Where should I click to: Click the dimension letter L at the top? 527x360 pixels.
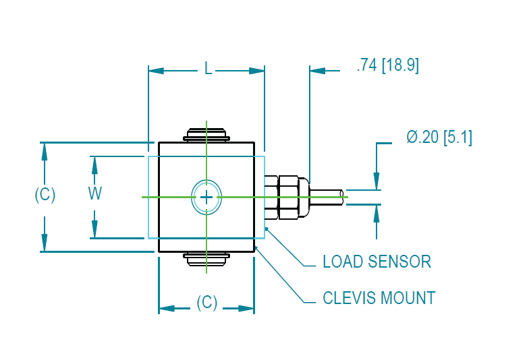click(x=207, y=70)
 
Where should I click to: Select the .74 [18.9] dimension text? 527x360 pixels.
click(x=387, y=66)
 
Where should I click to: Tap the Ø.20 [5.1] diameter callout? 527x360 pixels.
click(x=439, y=138)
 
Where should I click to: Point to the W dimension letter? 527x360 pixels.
click(x=95, y=193)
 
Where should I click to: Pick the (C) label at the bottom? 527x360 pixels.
click(x=206, y=303)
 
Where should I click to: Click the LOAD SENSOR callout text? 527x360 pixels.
click(x=377, y=262)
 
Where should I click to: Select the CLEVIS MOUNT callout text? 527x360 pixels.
click(x=379, y=297)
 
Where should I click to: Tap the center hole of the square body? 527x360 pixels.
click(x=206, y=197)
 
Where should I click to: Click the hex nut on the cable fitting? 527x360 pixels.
click(x=281, y=197)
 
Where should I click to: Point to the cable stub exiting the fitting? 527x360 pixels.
click(x=327, y=196)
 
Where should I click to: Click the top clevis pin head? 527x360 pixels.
click(x=206, y=134)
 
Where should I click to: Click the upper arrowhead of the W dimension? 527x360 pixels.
click(x=95, y=164)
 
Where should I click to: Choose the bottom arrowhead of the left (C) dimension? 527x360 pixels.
click(x=45, y=243)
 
